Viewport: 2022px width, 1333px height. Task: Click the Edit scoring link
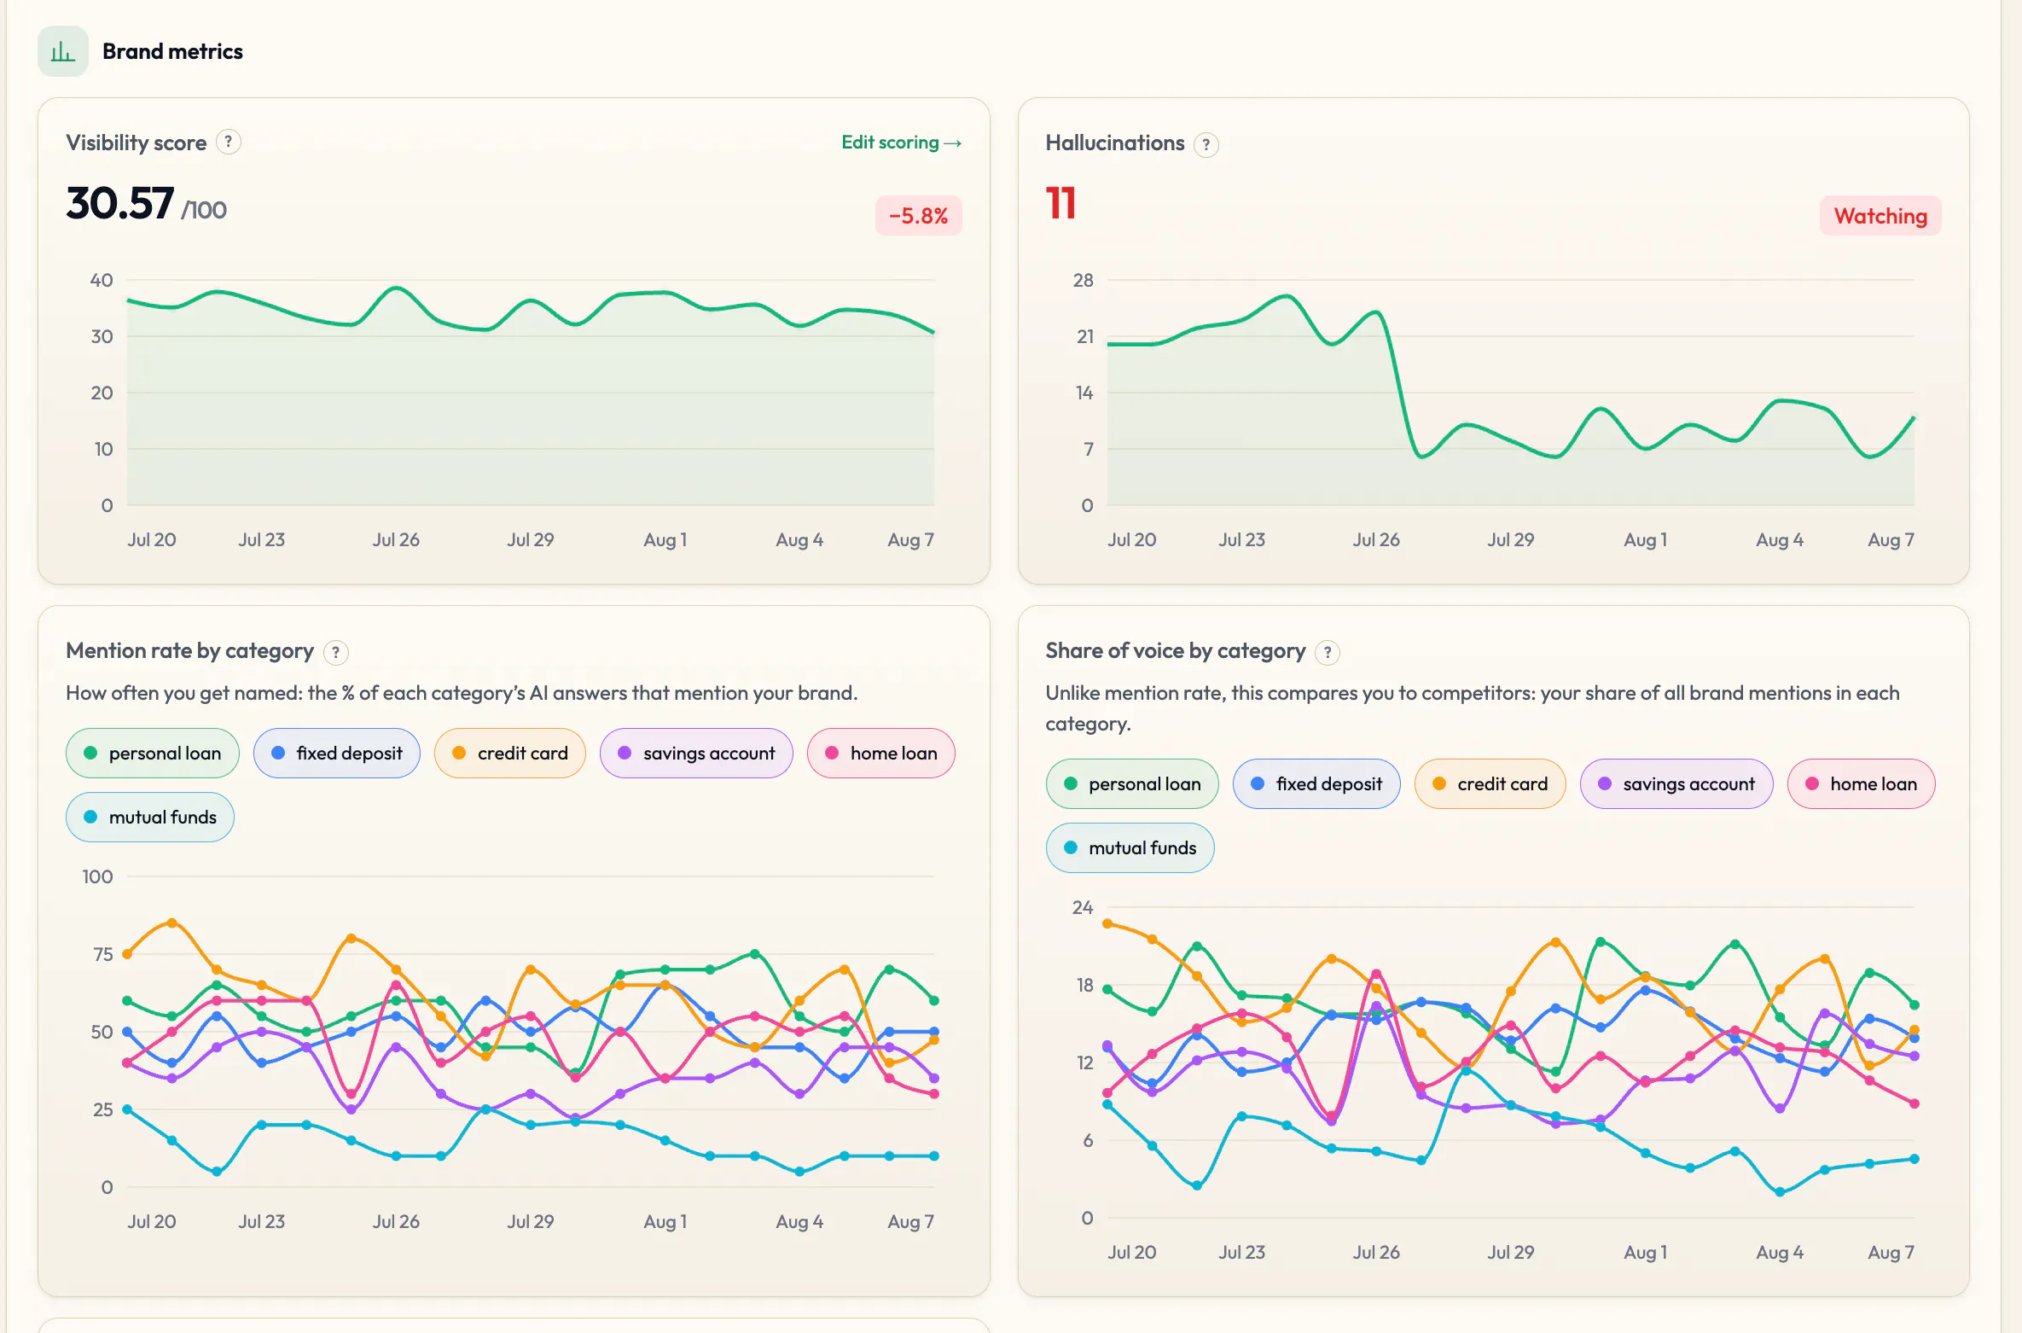pos(901,143)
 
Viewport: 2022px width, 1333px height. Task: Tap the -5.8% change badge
pos(918,216)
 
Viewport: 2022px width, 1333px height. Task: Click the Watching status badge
pos(1880,216)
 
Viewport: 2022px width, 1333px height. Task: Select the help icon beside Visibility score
pos(228,142)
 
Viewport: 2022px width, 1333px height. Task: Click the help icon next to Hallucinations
pos(1206,144)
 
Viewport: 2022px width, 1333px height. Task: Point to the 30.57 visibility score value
pos(120,203)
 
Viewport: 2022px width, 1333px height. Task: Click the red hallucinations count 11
pos(1060,203)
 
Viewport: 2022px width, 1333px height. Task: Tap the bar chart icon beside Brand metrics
pos(63,51)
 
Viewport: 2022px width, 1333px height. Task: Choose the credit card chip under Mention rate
pos(510,753)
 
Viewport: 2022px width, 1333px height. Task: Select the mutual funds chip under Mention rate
pos(150,817)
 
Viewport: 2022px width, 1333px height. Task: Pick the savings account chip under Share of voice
pos(1676,783)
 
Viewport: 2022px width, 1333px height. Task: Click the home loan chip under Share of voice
pos(1862,783)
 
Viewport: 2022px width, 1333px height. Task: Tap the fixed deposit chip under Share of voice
pos(1316,783)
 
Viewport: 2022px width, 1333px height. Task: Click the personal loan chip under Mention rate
pos(153,753)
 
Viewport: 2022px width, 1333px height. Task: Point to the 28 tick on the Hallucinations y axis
pos(1084,280)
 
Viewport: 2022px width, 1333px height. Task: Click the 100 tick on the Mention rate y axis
pos(97,876)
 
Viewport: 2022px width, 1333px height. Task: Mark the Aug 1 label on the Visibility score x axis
pos(665,539)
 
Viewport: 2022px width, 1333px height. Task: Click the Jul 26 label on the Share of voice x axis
pos(1376,1252)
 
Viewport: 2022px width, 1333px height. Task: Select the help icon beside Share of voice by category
pos(1328,653)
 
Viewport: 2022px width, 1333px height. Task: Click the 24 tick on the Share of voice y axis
pos(1083,907)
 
